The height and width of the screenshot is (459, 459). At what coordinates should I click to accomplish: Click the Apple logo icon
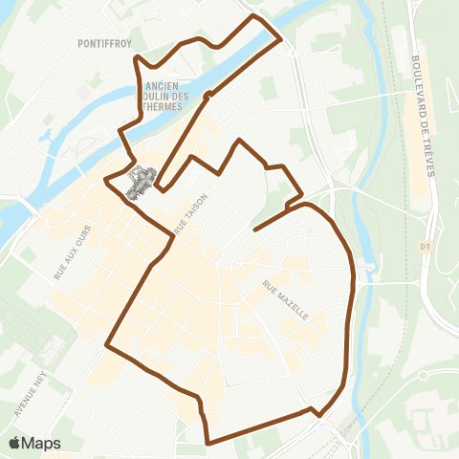tap(15, 443)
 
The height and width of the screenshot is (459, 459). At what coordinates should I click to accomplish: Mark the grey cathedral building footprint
tap(142, 181)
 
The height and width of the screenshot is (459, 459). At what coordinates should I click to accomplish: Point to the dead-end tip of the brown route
tap(254, 229)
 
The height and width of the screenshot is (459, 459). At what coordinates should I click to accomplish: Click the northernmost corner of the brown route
tap(253, 15)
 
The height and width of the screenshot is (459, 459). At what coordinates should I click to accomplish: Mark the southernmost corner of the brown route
tap(208, 443)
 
